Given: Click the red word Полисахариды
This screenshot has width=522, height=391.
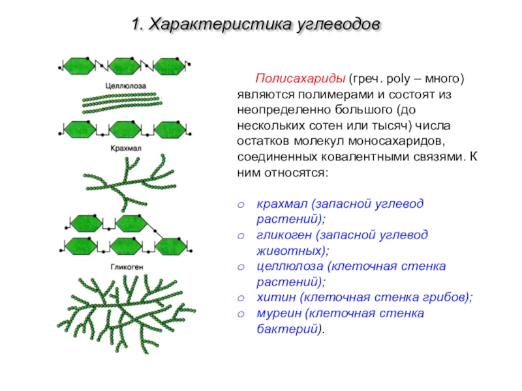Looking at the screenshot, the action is point(300,79).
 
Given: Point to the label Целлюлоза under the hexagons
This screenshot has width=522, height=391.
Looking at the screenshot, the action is point(125,86).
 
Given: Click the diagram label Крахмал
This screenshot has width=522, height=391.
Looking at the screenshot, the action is point(126,149).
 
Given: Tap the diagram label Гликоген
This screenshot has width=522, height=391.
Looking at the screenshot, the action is point(127,267).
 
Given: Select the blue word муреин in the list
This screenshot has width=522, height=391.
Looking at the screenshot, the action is point(279,313).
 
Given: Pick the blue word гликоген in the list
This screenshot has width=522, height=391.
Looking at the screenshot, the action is point(284,235).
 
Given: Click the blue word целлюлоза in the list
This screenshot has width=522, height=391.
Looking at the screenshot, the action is point(290,267).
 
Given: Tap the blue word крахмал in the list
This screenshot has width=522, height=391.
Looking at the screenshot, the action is point(283,204).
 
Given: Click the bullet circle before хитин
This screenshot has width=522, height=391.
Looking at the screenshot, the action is point(241,298).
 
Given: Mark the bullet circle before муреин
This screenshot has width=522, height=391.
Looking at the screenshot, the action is point(241,315).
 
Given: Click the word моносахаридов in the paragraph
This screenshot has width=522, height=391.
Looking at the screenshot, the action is point(397,141).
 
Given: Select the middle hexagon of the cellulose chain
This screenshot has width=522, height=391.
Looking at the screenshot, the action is point(124,66).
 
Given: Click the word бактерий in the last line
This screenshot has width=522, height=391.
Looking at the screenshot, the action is point(287,329).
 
